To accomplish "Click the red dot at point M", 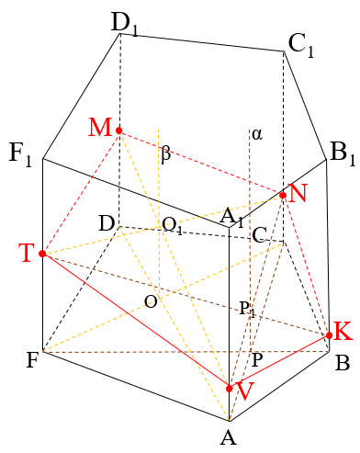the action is [119, 130].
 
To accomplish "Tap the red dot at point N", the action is [283, 195].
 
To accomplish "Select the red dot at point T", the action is [42, 254].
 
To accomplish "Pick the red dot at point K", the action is [329, 335].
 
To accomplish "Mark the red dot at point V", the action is [230, 389].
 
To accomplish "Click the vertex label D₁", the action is [125, 25].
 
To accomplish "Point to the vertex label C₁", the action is [301, 46].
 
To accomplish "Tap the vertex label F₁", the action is [20, 155].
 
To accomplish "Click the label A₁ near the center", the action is [232, 219].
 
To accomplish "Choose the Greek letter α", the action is [257, 134].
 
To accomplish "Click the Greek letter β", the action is [165, 153].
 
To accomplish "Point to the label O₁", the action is [173, 226].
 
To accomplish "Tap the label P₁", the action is [247, 309].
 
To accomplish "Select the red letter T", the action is [28, 253].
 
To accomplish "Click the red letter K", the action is [343, 331].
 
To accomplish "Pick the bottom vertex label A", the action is [229, 436].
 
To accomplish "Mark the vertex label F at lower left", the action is [32, 360].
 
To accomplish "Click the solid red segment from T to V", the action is [136, 321].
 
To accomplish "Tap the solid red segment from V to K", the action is [279, 362].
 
